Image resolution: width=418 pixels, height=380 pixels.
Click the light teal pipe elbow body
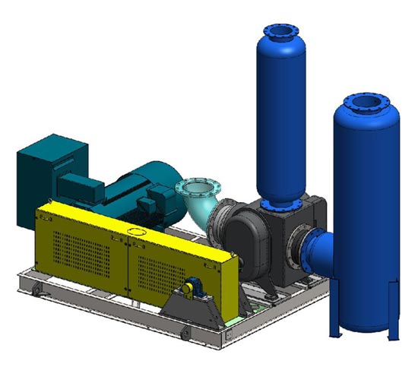click(x=200, y=209)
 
